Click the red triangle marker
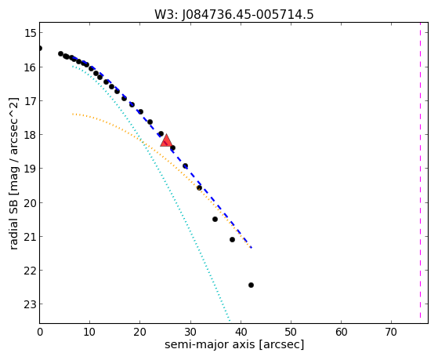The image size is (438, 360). (x=166, y=140)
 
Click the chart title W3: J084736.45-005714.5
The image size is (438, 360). (x=234, y=15)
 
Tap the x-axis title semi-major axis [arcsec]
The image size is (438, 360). (x=234, y=344)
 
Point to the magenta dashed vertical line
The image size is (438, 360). (x=420, y=173)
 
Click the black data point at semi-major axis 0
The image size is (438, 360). (x=40, y=48)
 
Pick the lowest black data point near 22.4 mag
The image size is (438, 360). (x=251, y=285)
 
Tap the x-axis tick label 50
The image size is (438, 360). (x=291, y=332)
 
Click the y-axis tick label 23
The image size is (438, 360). (x=30, y=304)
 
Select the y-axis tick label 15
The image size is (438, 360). (x=30, y=33)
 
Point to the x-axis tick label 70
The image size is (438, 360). (x=391, y=332)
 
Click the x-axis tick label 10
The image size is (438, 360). (x=89, y=332)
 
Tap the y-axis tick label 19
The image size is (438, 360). (x=30, y=169)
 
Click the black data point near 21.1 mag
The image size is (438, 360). (x=232, y=239)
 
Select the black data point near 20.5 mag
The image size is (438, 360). (x=215, y=219)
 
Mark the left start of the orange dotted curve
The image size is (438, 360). (x=73, y=115)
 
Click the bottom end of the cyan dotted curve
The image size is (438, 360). (x=230, y=321)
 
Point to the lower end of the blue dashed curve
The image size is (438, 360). (x=252, y=248)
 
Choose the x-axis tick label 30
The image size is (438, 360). (x=190, y=332)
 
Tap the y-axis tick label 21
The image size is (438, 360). (x=30, y=236)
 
